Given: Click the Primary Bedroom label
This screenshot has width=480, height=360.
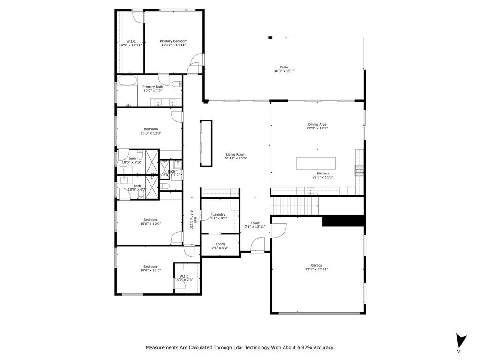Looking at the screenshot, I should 173,41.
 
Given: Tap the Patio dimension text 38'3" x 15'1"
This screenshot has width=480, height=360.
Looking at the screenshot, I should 284,71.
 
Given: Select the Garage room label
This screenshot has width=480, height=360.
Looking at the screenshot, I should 316,265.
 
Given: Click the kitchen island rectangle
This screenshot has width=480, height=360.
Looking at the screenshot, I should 316,163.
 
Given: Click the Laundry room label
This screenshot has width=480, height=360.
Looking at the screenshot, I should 218,214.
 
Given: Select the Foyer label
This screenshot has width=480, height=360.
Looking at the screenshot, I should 255,223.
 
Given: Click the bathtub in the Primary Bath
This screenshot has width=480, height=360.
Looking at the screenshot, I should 127,80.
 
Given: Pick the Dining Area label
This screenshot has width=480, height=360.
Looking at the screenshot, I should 317,124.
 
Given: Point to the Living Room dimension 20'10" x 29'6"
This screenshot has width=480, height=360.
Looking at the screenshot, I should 236,158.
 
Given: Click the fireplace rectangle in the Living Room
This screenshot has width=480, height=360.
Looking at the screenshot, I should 206,143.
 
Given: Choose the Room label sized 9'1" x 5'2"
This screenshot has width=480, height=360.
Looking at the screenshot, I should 220,244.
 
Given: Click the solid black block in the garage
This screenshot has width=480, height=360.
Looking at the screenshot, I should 343,221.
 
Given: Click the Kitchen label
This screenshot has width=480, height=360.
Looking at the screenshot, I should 322,173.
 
